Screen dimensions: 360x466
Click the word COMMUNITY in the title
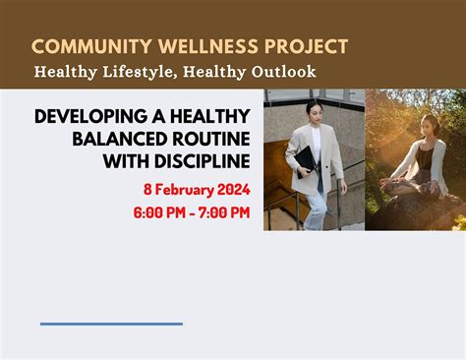(x=78, y=46)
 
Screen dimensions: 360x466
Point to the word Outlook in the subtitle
(x=278, y=72)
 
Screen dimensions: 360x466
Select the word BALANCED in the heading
(x=118, y=139)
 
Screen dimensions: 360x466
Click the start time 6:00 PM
(x=157, y=210)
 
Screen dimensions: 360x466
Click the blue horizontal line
(x=111, y=323)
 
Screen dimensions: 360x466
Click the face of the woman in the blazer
(x=314, y=108)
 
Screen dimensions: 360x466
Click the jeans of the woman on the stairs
(x=317, y=209)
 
